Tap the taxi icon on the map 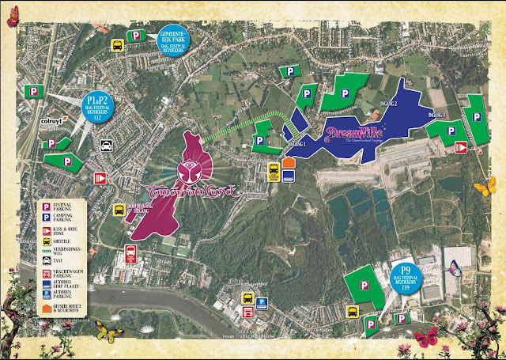(x=105, y=146)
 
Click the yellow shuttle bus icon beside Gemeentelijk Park (x=117, y=45)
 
